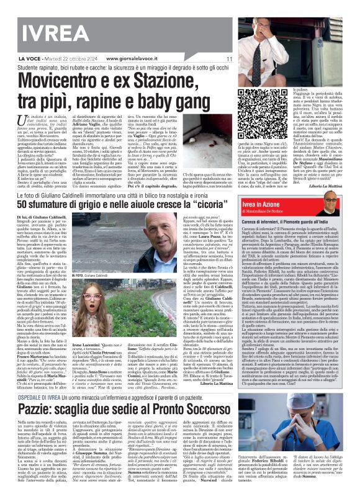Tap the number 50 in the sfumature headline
(x=11, y=204)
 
